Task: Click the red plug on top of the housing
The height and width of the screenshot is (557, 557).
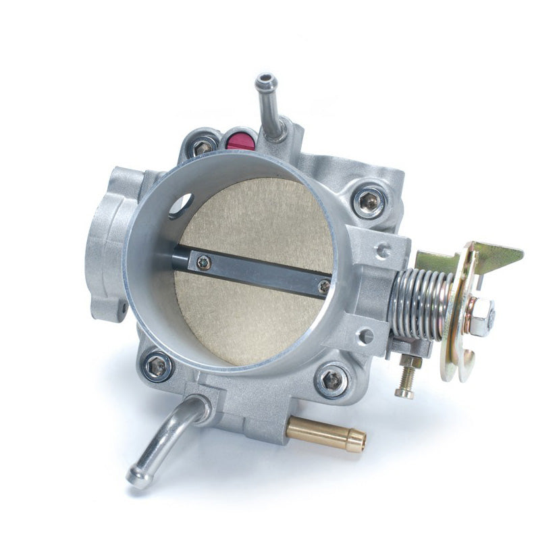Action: pos(241,140)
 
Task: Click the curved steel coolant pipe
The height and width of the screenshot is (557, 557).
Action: pos(166,440)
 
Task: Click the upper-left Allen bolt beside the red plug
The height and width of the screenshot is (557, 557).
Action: pos(202,147)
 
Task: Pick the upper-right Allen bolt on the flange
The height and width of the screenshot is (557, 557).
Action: pos(369,201)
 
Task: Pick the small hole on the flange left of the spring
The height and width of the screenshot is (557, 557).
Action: pos(383,252)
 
